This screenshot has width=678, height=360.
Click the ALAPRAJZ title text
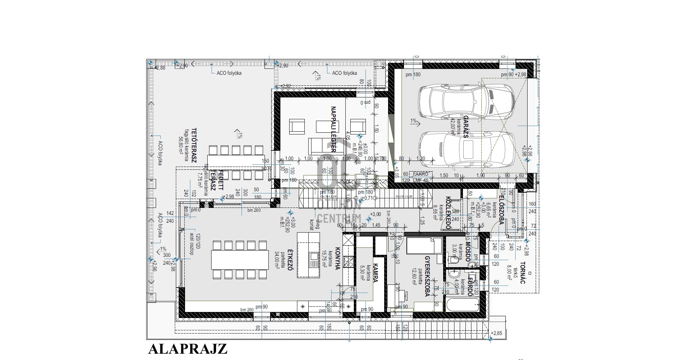(x=188, y=349)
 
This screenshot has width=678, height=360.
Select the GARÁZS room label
(x=465, y=126)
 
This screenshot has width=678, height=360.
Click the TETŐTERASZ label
(x=194, y=145)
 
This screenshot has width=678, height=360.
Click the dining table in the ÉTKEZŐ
(x=240, y=260)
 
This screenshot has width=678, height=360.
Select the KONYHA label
(x=337, y=258)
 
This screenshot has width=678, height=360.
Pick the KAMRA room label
(x=375, y=273)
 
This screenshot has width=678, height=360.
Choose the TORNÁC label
(x=523, y=273)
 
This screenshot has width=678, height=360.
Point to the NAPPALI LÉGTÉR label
(x=333, y=129)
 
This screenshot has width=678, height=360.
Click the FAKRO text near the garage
(x=420, y=174)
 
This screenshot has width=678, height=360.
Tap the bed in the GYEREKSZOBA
(x=424, y=246)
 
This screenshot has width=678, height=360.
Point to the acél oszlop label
(x=192, y=244)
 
